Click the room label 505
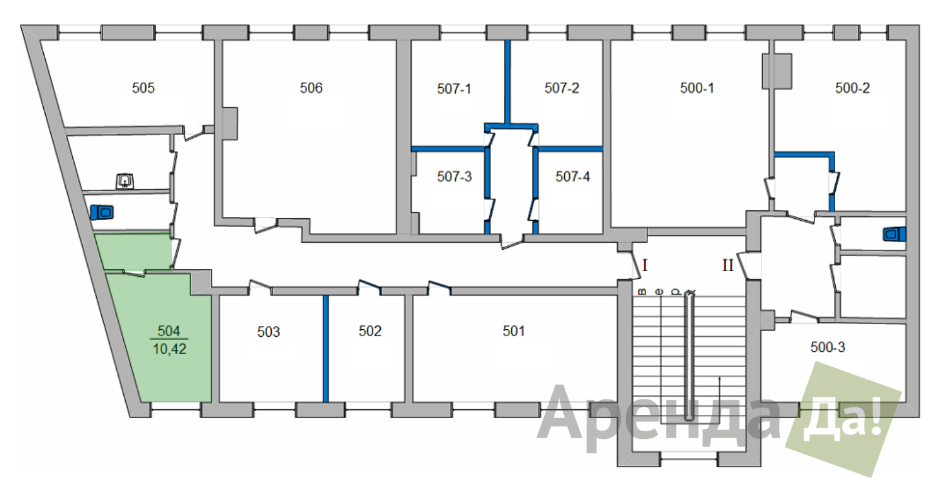(x=143, y=88)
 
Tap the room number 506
(x=311, y=88)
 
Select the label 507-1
(x=454, y=88)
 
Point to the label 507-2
(x=562, y=88)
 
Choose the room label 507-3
(x=454, y=176)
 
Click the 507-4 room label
(x=572, y=176)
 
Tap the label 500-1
(x=697, y=88)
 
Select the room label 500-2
(x=852, y=88)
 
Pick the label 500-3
(x=827, y=347)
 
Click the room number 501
(x=513, y=331)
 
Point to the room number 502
(x=370, y=331)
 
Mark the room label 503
(x=268, y=332)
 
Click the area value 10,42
(x=169, y=349)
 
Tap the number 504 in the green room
(x=168, y=330)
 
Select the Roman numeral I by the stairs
(x=645, y=265)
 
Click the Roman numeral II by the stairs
(x=727, y=265)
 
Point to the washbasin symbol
(x=125, y=181)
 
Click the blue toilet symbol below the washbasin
(x=101, y=212)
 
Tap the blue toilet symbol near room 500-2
(x=894, y=234)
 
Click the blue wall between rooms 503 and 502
(x=326, y=349)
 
